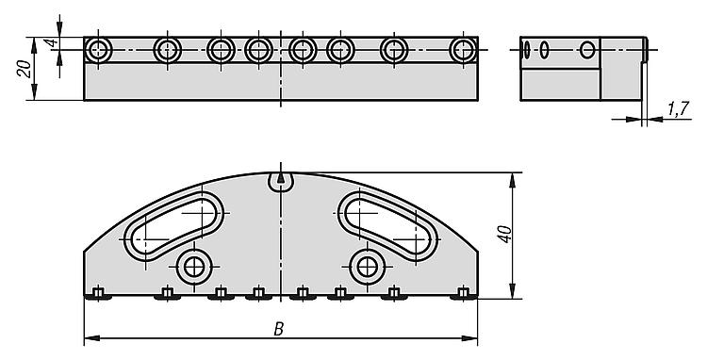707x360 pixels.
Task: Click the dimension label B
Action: point(279,329)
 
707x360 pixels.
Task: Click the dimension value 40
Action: point(505,234)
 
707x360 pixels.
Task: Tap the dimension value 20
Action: point(25,69)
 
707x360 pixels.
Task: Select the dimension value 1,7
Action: point(679,108)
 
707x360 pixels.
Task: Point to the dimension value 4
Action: point(52,43)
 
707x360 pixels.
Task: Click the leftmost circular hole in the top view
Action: point(98,50)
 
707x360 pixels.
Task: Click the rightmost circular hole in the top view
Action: point(464,50)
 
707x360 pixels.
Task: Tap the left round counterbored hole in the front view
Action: point(194,267)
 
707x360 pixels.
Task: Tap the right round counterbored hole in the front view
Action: point(368,267)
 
